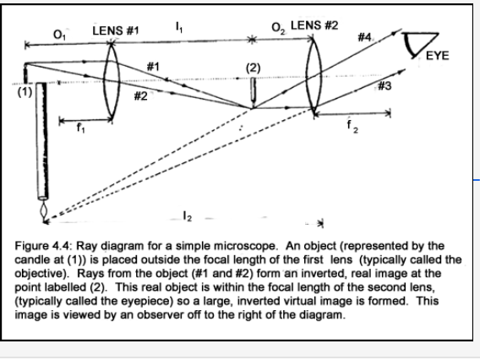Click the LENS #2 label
[314, 21]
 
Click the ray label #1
[153, 66]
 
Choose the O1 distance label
[57, 33]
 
